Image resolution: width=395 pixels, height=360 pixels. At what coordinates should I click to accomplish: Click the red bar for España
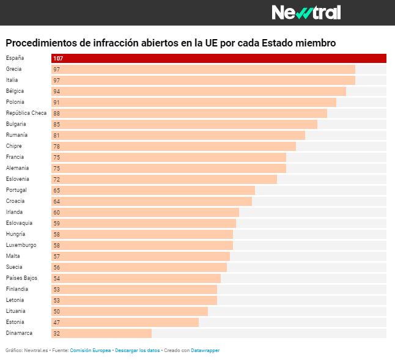coord(219,59)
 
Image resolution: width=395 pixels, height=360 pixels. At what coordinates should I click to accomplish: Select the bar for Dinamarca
coord(102,334)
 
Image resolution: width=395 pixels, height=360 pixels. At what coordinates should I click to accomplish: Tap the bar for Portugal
coord(153,191)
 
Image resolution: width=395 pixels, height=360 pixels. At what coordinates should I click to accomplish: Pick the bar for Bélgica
coord(199,92)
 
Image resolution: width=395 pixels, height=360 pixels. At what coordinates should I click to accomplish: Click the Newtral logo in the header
coord(306,12)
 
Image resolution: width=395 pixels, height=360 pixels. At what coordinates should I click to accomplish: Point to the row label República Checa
coord(26,113)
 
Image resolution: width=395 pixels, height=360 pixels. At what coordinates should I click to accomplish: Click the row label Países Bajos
coord(21,278)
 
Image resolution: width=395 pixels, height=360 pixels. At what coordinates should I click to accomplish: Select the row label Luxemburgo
coord(21,245)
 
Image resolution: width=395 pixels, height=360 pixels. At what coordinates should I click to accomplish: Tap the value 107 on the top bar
coord(58,59)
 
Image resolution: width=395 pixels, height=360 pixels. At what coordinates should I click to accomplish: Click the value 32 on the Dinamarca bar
coord(57,334)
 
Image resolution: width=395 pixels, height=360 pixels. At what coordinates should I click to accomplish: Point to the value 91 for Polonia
coord(57,103)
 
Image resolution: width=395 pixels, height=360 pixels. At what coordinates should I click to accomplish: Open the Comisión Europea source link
coord(90,350)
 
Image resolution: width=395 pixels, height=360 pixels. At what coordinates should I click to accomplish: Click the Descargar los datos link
coord(137,350)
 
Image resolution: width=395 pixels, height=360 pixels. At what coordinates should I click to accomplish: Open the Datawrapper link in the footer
coord(205,350)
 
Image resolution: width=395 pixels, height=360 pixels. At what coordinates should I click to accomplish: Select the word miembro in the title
coord(314,43)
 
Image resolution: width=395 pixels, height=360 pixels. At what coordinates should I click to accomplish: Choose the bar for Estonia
coord(125,323)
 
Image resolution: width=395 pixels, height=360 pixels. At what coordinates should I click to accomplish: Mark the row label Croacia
coord(15,201)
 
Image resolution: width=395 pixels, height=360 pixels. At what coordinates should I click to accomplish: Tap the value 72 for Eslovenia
coord(57,180)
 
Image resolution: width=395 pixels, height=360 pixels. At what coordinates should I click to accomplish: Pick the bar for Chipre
coord(174,147)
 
